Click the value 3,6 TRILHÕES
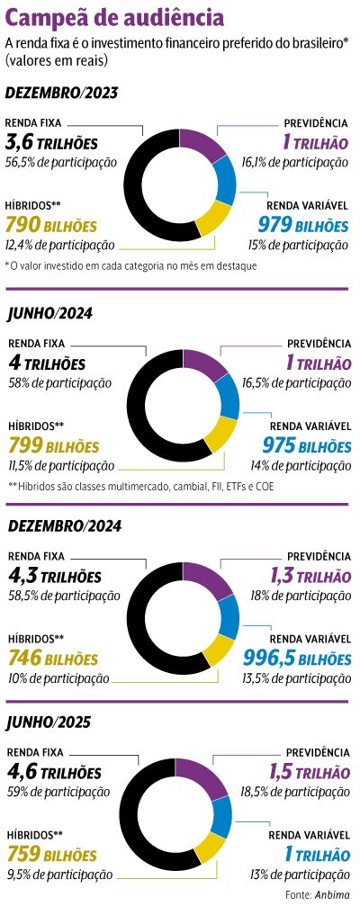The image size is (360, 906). (x=64, y=143)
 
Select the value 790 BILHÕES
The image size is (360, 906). (x=61, y=224)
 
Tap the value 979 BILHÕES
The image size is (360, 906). (x=302, y=224)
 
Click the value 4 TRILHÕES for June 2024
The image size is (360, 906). (x=58, y=363)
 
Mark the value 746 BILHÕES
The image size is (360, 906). (x=61, y=658)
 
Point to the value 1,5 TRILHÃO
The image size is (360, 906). (x=309, y=772)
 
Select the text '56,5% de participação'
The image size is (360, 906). (x=61, y=163)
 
